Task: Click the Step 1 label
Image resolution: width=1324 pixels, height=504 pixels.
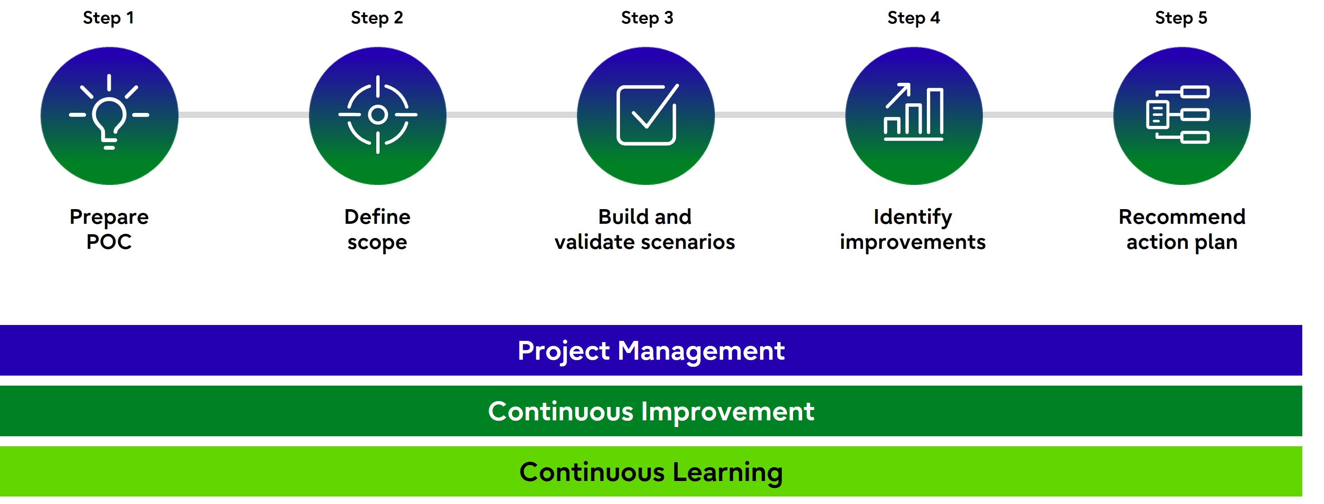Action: coord(108,18)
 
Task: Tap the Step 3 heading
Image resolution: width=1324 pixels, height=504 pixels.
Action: coord(647,18)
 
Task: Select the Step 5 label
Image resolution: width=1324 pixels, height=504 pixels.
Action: coord(1181,18)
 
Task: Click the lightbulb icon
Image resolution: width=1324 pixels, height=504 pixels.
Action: coord(109,112)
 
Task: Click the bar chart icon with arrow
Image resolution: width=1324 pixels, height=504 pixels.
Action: coord(914,112)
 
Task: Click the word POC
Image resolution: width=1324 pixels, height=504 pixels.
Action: coord(109,242)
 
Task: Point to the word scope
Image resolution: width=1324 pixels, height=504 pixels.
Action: coord(377,243)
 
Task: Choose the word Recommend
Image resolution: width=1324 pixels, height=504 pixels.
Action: coord(1182,217)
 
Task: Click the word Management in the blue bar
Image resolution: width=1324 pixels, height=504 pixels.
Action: coord(701,351)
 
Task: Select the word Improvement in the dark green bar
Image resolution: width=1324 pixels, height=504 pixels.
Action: coord(728,412)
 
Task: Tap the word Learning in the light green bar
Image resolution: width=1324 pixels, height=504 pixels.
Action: coord(728,473)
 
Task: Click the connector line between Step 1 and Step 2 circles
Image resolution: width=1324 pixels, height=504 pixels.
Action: coord(244,115)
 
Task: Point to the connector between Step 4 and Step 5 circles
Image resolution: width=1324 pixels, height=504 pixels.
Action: coord(1048,115)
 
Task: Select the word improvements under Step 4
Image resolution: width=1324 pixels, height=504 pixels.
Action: coord(913,243)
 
